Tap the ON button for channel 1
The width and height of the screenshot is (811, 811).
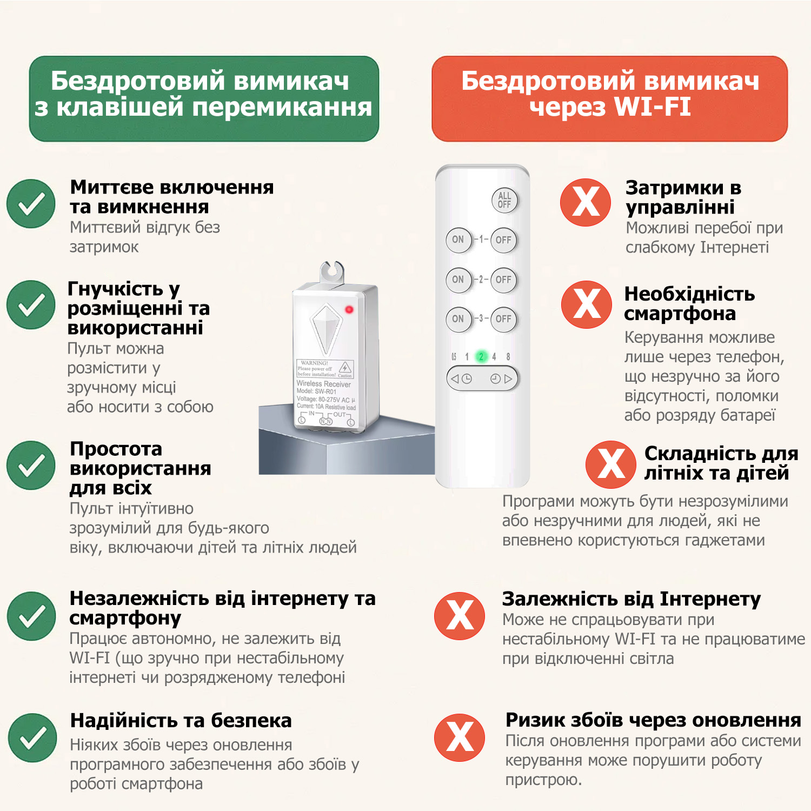pos(458,240)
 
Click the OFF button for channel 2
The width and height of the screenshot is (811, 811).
pos(503,280)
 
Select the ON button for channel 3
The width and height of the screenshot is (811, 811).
pos(458,319)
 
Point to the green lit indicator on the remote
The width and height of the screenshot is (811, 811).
pos(481,357)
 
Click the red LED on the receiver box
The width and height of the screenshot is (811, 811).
pos(349,310)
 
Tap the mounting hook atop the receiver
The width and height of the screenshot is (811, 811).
pos(332,272)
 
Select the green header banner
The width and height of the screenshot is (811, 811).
pos(204,99)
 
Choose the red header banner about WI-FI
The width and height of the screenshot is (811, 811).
pos(609,99)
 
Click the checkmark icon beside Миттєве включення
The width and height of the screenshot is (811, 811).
pos(31,204)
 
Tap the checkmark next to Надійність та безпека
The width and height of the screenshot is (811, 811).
pos(32,737)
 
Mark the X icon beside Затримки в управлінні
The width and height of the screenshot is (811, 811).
pos(586,202)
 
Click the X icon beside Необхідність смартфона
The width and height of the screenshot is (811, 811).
pos(586,304)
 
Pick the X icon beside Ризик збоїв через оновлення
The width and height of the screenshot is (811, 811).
pos(460,737)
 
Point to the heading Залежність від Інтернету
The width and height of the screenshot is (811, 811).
pos(631,599)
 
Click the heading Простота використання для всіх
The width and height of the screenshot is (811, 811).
pos(140,468)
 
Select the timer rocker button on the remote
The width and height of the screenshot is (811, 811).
pos(482,378)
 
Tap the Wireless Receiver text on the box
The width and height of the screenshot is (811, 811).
pos(323,384)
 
